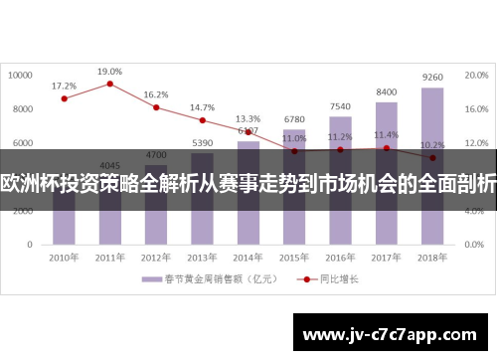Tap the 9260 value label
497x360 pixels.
432,77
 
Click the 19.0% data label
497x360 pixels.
110,72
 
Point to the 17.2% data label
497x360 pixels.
64,86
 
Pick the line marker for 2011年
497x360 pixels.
110,84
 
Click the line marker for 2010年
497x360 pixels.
65,98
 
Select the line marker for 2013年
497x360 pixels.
202,120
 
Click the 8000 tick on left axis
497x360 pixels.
25,107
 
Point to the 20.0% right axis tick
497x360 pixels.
477,74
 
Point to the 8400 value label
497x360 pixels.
387,92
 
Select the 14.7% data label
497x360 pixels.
202,107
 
